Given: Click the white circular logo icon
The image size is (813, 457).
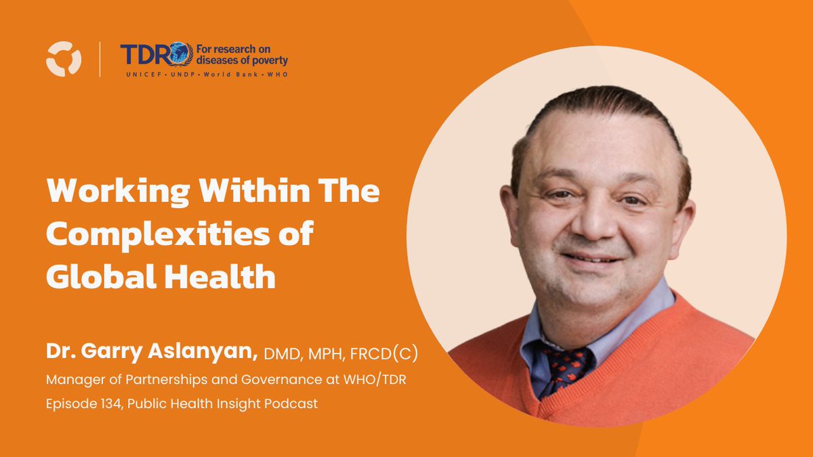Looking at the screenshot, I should (64, 59).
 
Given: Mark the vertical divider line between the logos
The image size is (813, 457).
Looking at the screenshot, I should (100, 59).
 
